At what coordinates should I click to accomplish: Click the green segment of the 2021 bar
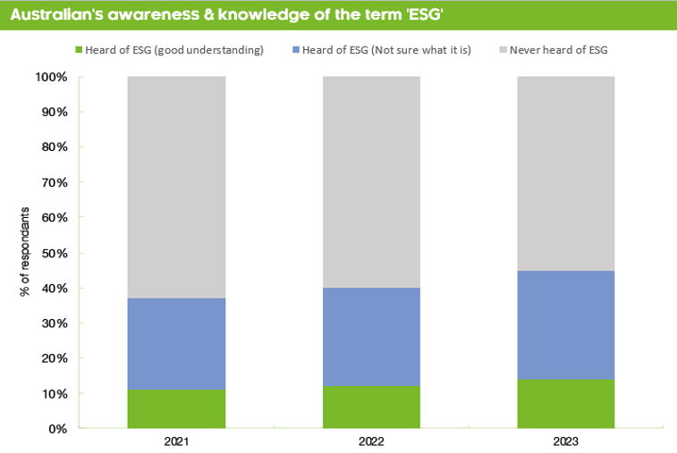(x=176, y=408)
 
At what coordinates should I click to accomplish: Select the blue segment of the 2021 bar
(x=176, y=343)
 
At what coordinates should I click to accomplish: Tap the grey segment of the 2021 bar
(x=176, y=187)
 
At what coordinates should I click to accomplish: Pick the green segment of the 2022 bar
(x=371, y=407)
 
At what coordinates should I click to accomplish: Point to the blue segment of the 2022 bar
(x=371, y=336)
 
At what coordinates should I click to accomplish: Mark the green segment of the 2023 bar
(x=566, y=404)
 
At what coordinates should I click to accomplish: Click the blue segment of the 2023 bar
(x=566, y=325)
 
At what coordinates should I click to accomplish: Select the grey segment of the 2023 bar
(x=566, y=173)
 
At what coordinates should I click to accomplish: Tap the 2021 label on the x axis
(x=176, y=442)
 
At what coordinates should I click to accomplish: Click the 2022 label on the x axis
(x=371, y=442)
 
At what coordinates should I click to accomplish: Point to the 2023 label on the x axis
(x=566, y=442)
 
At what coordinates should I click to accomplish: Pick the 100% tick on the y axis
(x=51, y=77)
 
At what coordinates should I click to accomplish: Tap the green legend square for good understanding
(x=80, y=50)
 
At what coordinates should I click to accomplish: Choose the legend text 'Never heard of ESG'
(x=558, y=50)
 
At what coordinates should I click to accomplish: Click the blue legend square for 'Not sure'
(x=296, y=50)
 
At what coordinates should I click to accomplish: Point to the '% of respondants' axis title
(x=25, y=253)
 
